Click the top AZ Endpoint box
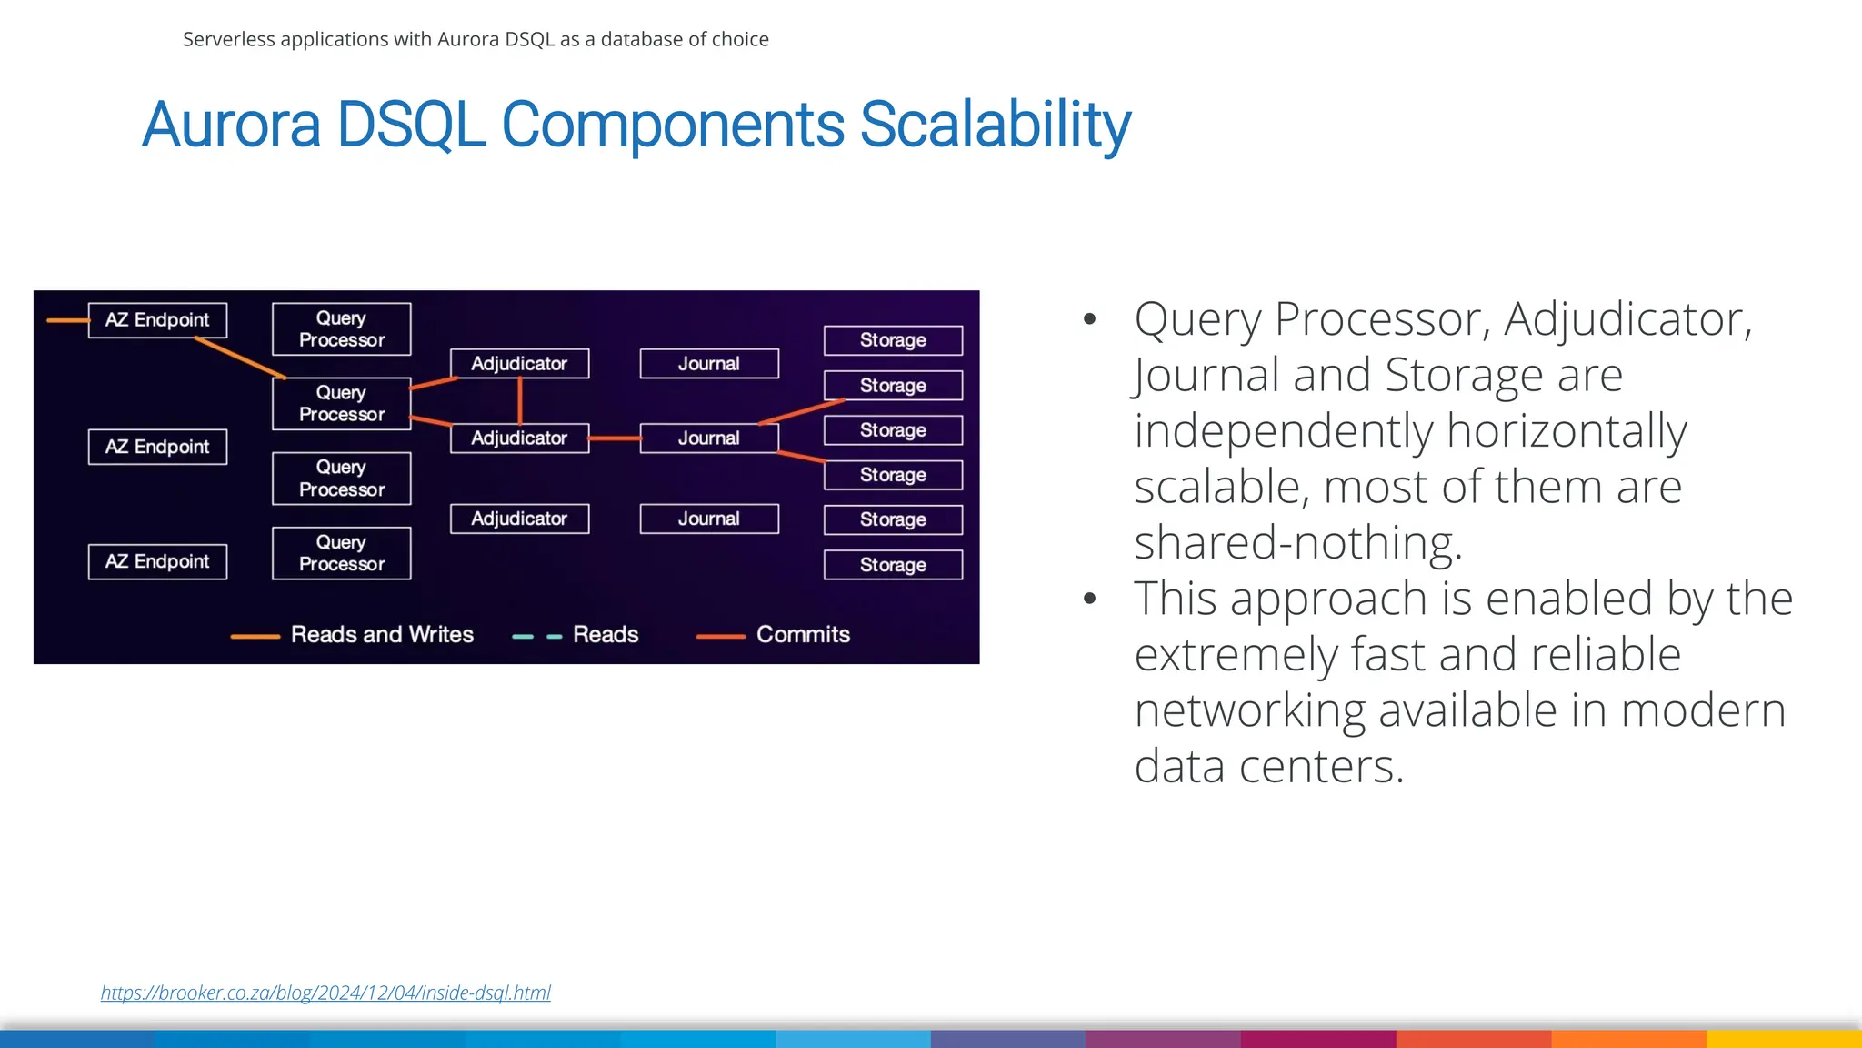pyautogui.click(x=157, y=320)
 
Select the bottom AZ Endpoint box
pyautogui.click(x=157, y=561)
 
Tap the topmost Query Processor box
pyautogui.click(x=341, y=328)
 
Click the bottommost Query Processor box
pyautogui.click(x=341, y=553)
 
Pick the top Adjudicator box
pyautogui.click(x=519, y=363)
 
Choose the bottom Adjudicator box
pyautogui.click(x=519, y=519)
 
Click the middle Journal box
pyautogui.click(x=708, y=438)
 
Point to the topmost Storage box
pyautogui.click(x=893, y=340)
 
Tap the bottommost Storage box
pyautogui.click(x=893, y=565)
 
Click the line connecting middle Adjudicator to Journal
pyautogui.click(x=615, y=438)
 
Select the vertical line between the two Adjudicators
pyautogui.click(x=520, y=400)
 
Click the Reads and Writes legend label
pyautogui.click(x=382, y=634)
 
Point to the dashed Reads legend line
pyautogui.click(x=537, y=636)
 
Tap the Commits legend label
pyautogui.click(x=803, y=634)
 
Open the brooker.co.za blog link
pyautogui.click(x=325, y=993)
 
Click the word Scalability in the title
pyautogui.click(x=995, y=125)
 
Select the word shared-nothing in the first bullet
pyautogui.click(x=1297, y=543)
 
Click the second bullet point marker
pyautogui.click(x=1090, y=600)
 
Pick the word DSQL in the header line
pyautogui.click(x=529, y=39)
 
